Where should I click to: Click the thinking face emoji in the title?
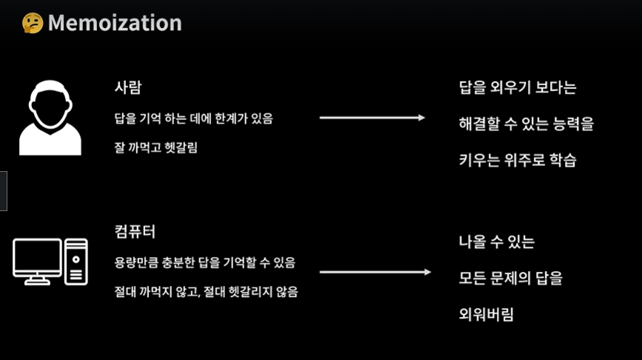(x=33, y=23)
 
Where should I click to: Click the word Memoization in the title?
(x=115, y=23)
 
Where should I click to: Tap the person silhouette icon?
(x=50, y=119)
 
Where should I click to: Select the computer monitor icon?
(x=37, y=261)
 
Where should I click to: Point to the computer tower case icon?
(x=76, y=261)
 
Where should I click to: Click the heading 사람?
(x=127, y=87)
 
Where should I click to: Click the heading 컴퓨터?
(x=135, y=230)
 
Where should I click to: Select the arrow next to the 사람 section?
(x=372, y=118)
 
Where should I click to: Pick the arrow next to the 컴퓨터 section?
(x=375, y=272)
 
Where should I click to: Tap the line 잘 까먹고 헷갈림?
(x=156, y=147)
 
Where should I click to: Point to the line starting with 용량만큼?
(x=204, y=262)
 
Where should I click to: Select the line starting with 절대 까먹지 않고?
(x=206, y=292)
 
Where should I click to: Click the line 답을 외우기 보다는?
(x=518, y=88)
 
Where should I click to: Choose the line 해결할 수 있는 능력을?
(x=526, y=124)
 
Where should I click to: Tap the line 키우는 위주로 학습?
(x=517, y=159)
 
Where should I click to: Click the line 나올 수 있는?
(x=496, y=242)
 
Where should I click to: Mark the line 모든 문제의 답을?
(x=510, y=279)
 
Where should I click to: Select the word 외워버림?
(x=486, y=314)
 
